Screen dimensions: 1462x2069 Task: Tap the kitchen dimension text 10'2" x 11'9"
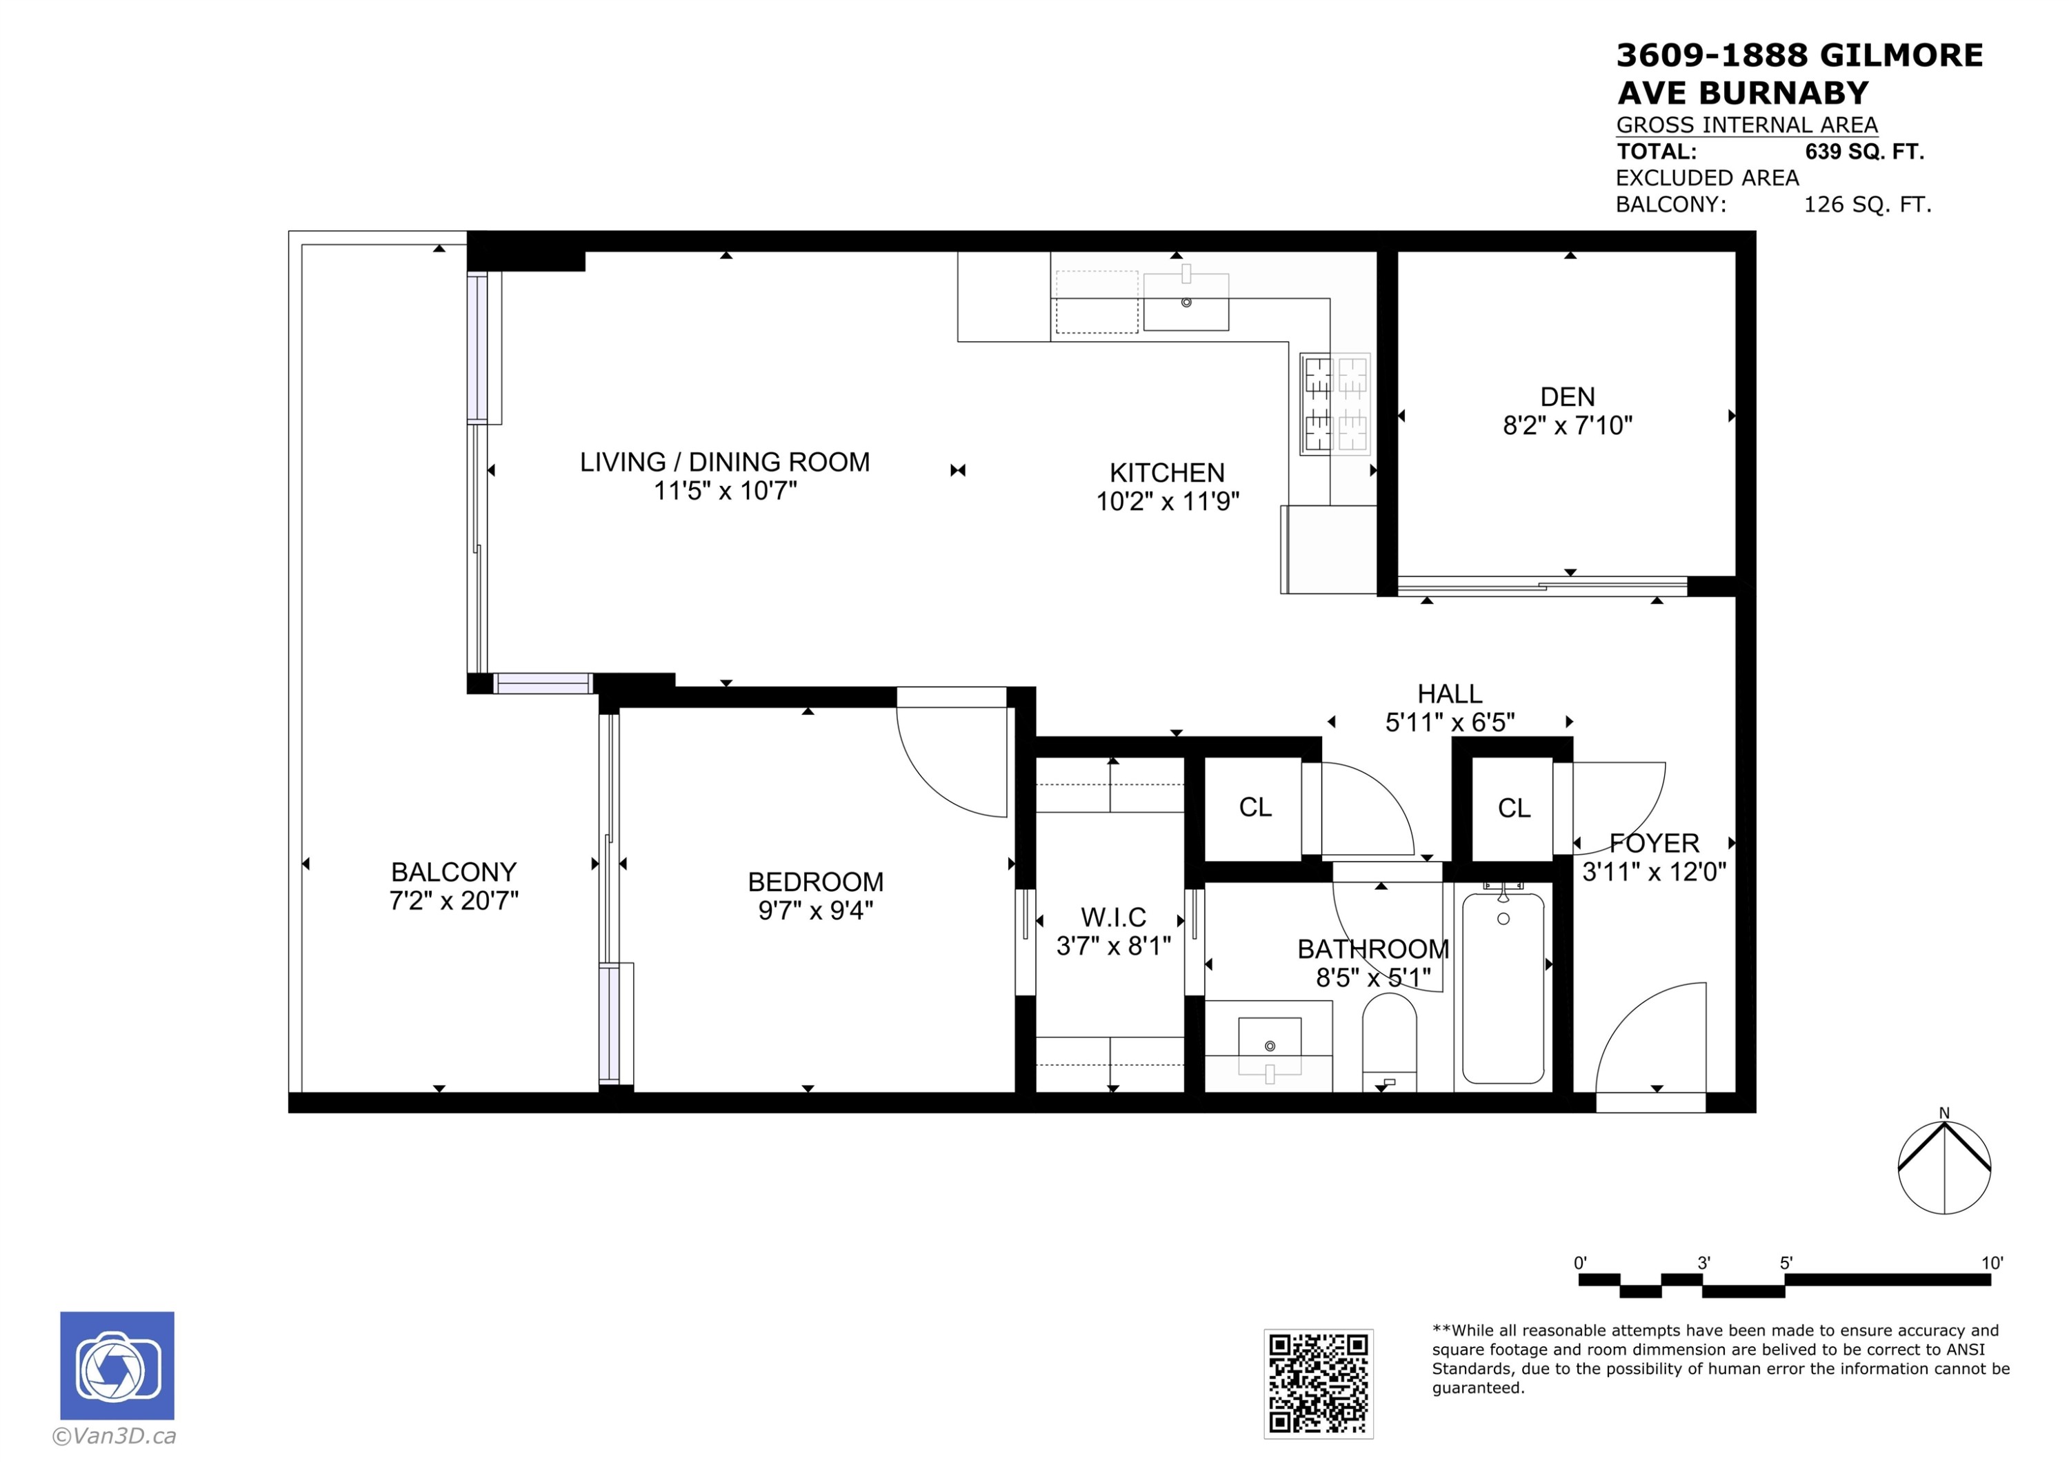[x=1167, y=501]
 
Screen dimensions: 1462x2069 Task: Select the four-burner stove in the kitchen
[x=1335, y=403]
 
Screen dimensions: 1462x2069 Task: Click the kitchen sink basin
[x=1186, y=303]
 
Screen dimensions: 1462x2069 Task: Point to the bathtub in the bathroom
[x=1503, y=988]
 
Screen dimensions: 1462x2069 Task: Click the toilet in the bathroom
[x=1389, y=1043]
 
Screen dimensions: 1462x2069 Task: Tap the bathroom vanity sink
[x=1270, y=1046]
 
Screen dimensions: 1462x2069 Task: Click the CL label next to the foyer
[x=1514, y=808]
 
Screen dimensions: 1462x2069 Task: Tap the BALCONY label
[x=453, y=872]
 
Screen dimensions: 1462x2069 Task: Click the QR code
[x=1319, y=1383]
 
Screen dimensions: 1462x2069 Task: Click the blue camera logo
[x=117, y=1365]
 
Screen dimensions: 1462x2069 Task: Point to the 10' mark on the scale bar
[x=1992, y=1263]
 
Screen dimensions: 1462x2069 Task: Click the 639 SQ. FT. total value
[x=1863, y=152]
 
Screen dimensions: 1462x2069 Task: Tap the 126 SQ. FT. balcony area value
[x=1867, y=205]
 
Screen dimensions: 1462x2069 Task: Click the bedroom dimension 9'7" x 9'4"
[x=815, y=911]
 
